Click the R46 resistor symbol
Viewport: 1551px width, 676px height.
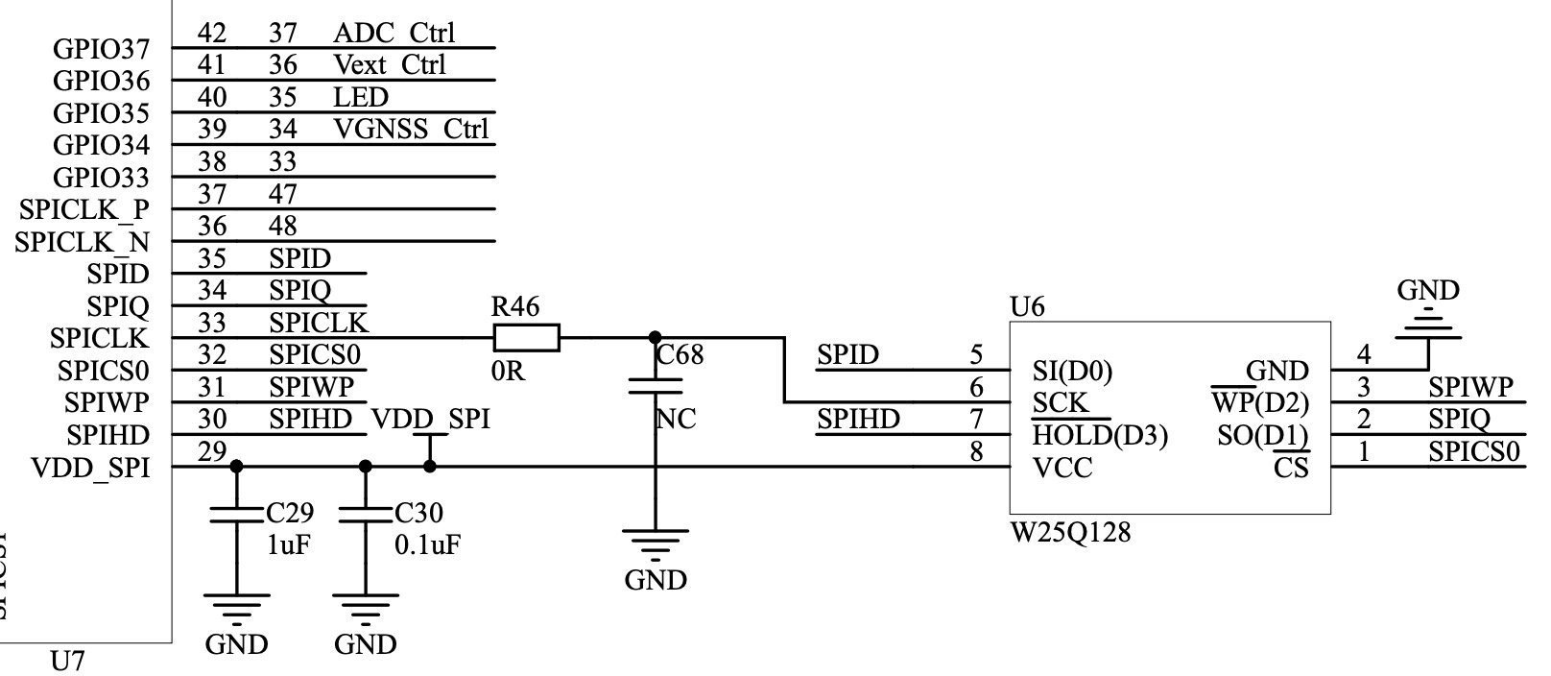[x=526, y=338]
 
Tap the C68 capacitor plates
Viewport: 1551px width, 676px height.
[x=655, y=386]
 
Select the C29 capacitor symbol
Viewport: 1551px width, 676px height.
[x=237, y=514]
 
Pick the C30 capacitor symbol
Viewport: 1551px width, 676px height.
[x=366, y=514]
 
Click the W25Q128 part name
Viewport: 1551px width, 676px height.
[x=1070, y=532]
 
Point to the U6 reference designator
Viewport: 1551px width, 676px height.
[x=1027, y=306]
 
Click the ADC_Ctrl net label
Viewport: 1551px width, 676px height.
[x=394, y=33]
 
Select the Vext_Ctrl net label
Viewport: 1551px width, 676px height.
[x=390, y=64]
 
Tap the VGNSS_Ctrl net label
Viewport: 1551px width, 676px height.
[x=412, y=129]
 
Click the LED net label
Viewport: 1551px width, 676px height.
[x=361, y=97]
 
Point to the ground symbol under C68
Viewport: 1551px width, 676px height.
[x=655, y=544]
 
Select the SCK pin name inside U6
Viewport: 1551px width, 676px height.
[x=1061, y=402]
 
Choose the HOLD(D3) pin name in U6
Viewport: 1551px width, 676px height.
[x=1100, y=435]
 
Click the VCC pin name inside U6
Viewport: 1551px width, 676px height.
[x=1062, y=469]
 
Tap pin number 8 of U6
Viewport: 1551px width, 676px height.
[x=976, y=451]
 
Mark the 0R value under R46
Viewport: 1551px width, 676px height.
[x=509, y=372]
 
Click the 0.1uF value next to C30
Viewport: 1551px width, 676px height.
[x=427, y=545]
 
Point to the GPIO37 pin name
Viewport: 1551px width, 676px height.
[x=101, y=48]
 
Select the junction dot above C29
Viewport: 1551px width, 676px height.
[x=237, y=466]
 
